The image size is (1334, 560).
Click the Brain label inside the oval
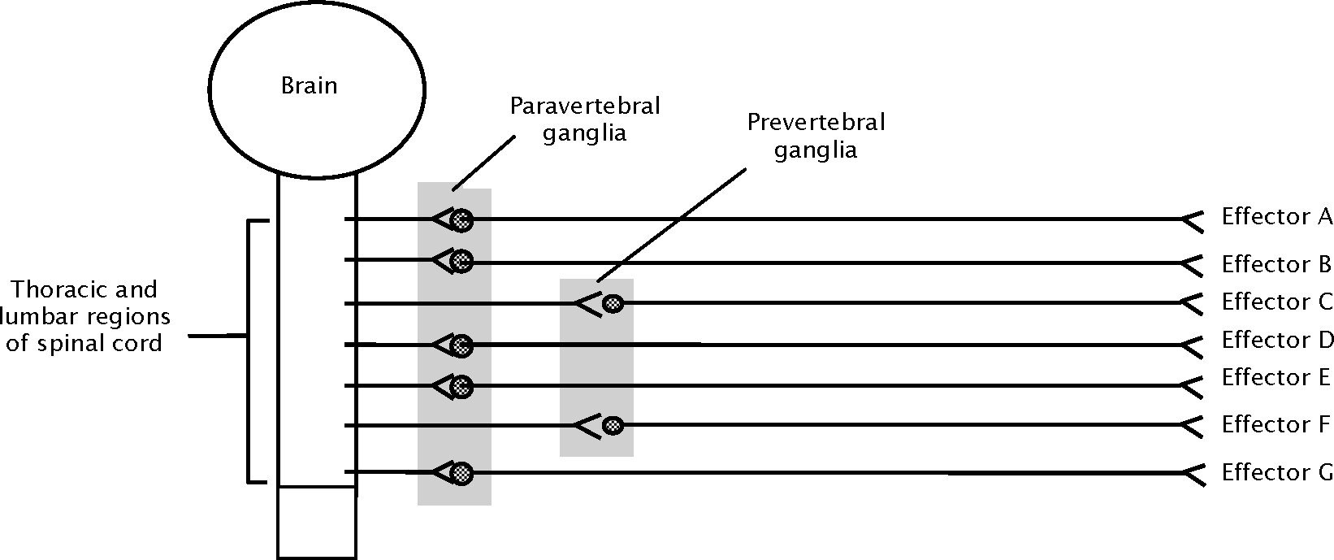click(x=309, y=86)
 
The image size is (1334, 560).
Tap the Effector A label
click(x=1276, y=217)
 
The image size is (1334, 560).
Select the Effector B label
click(x=1276, y=264)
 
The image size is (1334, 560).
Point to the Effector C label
click(x=1276, y=302)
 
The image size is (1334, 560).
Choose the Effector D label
click(x=1276, y=340)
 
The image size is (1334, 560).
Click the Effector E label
click(x=1276, y=378)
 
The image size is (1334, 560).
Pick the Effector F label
click(x=1276, y=424)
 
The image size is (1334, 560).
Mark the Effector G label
click(x=1276, y=472)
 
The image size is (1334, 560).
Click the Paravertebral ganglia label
click(x=585, y=119)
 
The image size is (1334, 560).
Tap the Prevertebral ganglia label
click(x=816, y=137)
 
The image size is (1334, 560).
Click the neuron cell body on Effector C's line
click(x=613, y=304)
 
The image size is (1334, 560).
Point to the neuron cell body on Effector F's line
click(x=613, y=425)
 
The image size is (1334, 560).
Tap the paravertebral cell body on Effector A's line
click(x=461, y=219)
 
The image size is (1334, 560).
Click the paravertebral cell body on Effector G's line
click(x=461, y=472)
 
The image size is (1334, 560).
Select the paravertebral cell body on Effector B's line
click(x=461, y=261)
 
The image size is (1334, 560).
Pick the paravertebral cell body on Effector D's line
click(x=461, y=345)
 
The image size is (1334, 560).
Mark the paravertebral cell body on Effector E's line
click(x=461, y=385)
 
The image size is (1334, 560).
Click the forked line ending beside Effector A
click(x=1191, y=219)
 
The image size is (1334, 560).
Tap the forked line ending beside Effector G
click(x=1191, y=472)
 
